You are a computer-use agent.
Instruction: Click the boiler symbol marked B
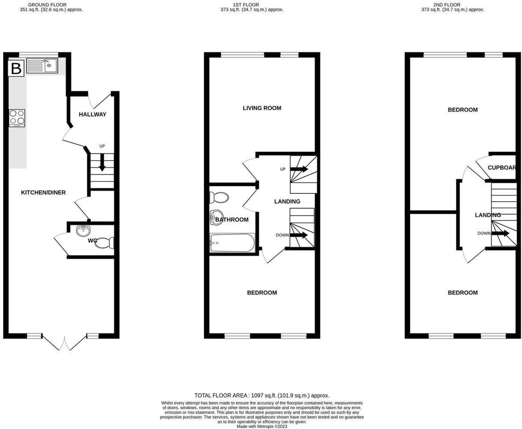coord(16,68)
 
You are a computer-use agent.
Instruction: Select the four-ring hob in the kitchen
coord(17,118)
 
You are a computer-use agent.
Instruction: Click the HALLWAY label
coord(92,114)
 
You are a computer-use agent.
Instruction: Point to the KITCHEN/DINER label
coord(43,193)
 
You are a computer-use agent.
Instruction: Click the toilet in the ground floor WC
coord(105,243)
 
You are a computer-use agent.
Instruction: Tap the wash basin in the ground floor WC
coord(83,231)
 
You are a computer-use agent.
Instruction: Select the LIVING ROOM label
coord(262,108)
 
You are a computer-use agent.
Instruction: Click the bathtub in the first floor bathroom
coord(232,243)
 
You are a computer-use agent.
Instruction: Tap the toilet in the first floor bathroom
coord(219,198)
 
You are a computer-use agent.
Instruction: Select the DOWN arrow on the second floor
coord(500,233)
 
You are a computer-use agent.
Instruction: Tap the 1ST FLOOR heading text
coord(246,5)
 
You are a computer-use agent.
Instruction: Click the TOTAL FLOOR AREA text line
coord(262,396)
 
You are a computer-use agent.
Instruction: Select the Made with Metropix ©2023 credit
coord(262,426)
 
